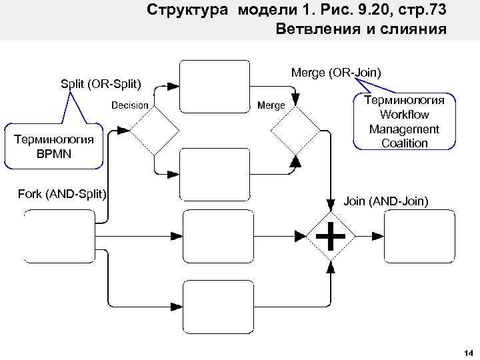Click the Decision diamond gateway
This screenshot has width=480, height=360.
pyautogui.click(x=153, y=131)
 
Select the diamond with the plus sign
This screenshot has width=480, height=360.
pyautogui.click(x=331, y=235)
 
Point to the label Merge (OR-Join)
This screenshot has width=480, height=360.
pyautogui.click(x=336, y=73)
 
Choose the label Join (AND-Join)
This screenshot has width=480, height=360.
pyautogui.click(x=386, y=201)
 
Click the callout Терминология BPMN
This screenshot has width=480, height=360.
pyautogui.click(x=54, y=145)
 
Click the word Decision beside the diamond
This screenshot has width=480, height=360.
pyautogui.click(x=130, y=105)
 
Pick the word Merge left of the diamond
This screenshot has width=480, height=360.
pyautogui.click(x=271, y=105)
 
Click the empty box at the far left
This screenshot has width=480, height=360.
pyautogui.click(x=58, y=235)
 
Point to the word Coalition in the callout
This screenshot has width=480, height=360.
pyautogui.click(x=404, y=143)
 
